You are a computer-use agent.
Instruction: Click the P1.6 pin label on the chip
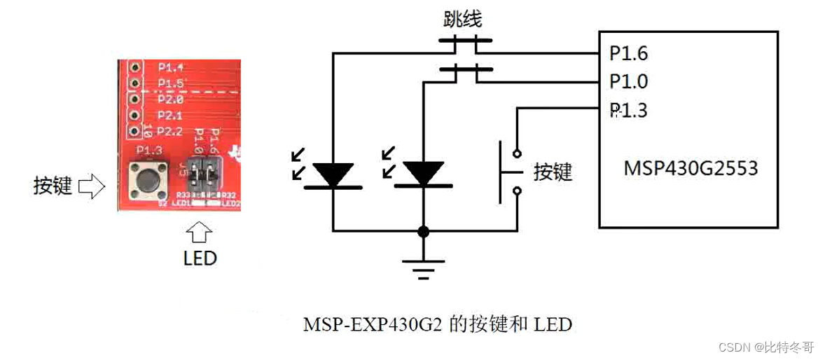[x=628, y=53]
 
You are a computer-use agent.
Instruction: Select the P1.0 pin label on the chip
[x=628, y=82]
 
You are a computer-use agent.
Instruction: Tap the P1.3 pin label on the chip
[x=628, y=110]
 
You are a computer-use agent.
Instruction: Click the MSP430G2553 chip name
[x=690, y=169]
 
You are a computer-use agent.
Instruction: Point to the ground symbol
[x=422, y=268]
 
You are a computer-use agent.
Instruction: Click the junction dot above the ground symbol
[x=422, y=231]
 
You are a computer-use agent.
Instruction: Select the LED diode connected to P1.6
[x=333, y=175]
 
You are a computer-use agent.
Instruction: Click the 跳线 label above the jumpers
[x=463, y=19]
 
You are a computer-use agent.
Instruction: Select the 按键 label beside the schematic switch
[x=553, y=172]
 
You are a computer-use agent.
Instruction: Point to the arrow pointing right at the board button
[x=91, y=186]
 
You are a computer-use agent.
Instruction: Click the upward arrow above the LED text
[x=200, y=233]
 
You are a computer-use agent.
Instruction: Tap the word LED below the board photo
[x=200, y=258]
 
